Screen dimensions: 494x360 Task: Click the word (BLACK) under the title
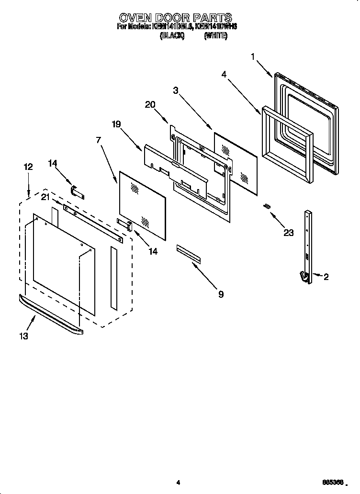point(171,35)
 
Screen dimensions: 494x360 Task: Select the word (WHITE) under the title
point(215,35)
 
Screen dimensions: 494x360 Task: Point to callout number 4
point(224,74)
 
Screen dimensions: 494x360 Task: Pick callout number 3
point(176,90)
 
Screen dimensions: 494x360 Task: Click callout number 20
point(150,105)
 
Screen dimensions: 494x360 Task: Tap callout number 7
point(99,140)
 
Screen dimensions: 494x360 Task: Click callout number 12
point(28,167)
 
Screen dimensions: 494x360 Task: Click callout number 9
point(221,294)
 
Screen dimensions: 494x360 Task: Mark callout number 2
point(326,277)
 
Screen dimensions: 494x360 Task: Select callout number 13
point(23,336)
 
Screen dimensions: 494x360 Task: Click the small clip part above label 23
point(267,206)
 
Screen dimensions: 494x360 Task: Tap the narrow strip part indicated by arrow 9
point(188,254)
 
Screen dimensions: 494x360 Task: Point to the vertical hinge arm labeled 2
point(306,244)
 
